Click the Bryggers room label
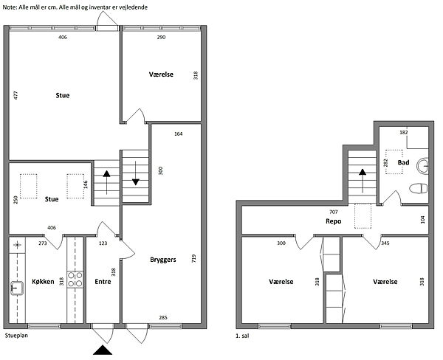(x=163, y=260)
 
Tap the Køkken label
(x=43, y=282)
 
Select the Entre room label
(x=103, y=282)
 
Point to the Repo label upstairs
(x=334, y=221)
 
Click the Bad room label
(x=403, y=162)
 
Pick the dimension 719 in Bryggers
(x=193, y=259)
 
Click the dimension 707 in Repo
(x=334, y=212)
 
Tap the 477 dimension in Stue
(x=16, y=95)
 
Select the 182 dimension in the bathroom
(x=404, y=132)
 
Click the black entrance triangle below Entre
(x=103, y=350)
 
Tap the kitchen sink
(x=17, y=288)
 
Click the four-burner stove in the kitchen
(x=75, y=280)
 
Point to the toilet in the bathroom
(x=419, y=188)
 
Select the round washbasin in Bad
(x=422, y=166)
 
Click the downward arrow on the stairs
(x=136, y=173)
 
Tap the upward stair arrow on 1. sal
(x=363, y=181)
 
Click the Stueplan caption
(x=16, y=336)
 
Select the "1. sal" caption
(x=242, y=336)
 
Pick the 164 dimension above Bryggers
(x=178, y=134)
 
